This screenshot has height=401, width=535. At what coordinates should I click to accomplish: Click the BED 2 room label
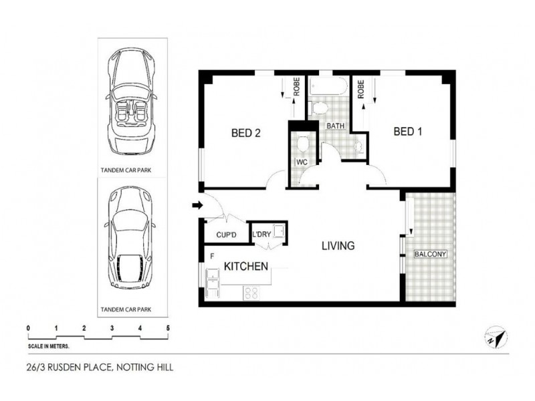point(245,133)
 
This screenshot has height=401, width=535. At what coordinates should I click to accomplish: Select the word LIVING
point(338,246)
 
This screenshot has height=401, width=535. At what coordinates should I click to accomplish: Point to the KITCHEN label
point(246,266)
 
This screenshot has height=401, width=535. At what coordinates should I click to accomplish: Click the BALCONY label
point(431,255)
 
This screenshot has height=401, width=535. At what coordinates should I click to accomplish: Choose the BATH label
point(336,126)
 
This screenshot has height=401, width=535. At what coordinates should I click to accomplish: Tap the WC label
point(301,162)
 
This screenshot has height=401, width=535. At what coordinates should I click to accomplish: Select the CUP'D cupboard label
point(227,235)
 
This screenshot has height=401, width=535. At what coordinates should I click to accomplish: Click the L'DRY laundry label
point(261,235)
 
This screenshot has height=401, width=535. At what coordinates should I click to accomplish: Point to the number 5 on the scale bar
point(168,327)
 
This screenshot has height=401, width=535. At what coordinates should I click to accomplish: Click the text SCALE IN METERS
point(49,346)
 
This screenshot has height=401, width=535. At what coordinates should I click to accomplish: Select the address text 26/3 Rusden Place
point(97,367)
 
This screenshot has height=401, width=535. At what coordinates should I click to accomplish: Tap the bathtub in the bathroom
point(328,86)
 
